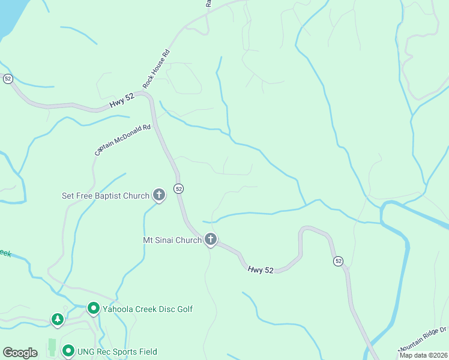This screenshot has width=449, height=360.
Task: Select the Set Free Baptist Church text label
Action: click(x=106, y=196)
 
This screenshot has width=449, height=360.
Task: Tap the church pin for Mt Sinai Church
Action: click(x=211, y=239)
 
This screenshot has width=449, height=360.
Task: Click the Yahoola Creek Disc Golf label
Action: click(x=148, y=309)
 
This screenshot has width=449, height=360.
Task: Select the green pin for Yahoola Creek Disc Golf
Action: click(x=93, y=308)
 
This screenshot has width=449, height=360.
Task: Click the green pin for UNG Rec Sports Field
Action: click(x=68, y=351)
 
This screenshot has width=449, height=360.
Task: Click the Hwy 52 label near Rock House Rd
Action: click(x=122, y=102)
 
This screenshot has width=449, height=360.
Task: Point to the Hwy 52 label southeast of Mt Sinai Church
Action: click(x=261, y=271)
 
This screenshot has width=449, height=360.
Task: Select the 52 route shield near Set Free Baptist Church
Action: click(x=178, y=188)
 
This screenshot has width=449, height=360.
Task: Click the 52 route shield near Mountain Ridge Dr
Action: click(x=339, y=261)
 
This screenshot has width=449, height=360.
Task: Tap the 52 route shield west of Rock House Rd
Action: click(x=8, y=78)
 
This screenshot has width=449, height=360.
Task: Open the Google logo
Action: click(x=20, y=353)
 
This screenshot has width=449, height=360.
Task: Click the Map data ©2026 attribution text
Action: click(x=423, y=355)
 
